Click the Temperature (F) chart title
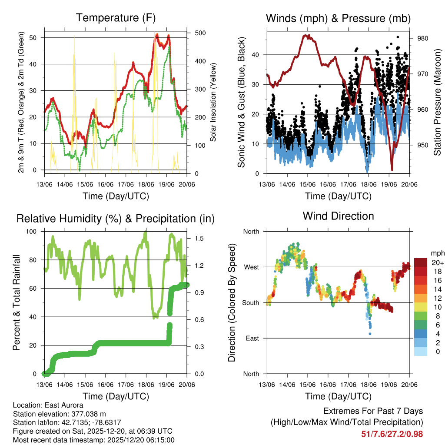(116, 18)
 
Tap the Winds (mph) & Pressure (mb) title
(339, 18)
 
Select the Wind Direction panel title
(339, 216)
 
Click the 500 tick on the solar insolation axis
(200, 33)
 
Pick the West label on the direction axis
(251, 267)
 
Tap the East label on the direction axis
(252, 338)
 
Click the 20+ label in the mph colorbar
(437, 263)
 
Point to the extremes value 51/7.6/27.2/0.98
(392, 434)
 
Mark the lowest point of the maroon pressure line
(392, 170)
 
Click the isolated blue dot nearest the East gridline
(370, 334)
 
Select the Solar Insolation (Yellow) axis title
(213, 102)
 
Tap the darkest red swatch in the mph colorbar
(421, 263)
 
